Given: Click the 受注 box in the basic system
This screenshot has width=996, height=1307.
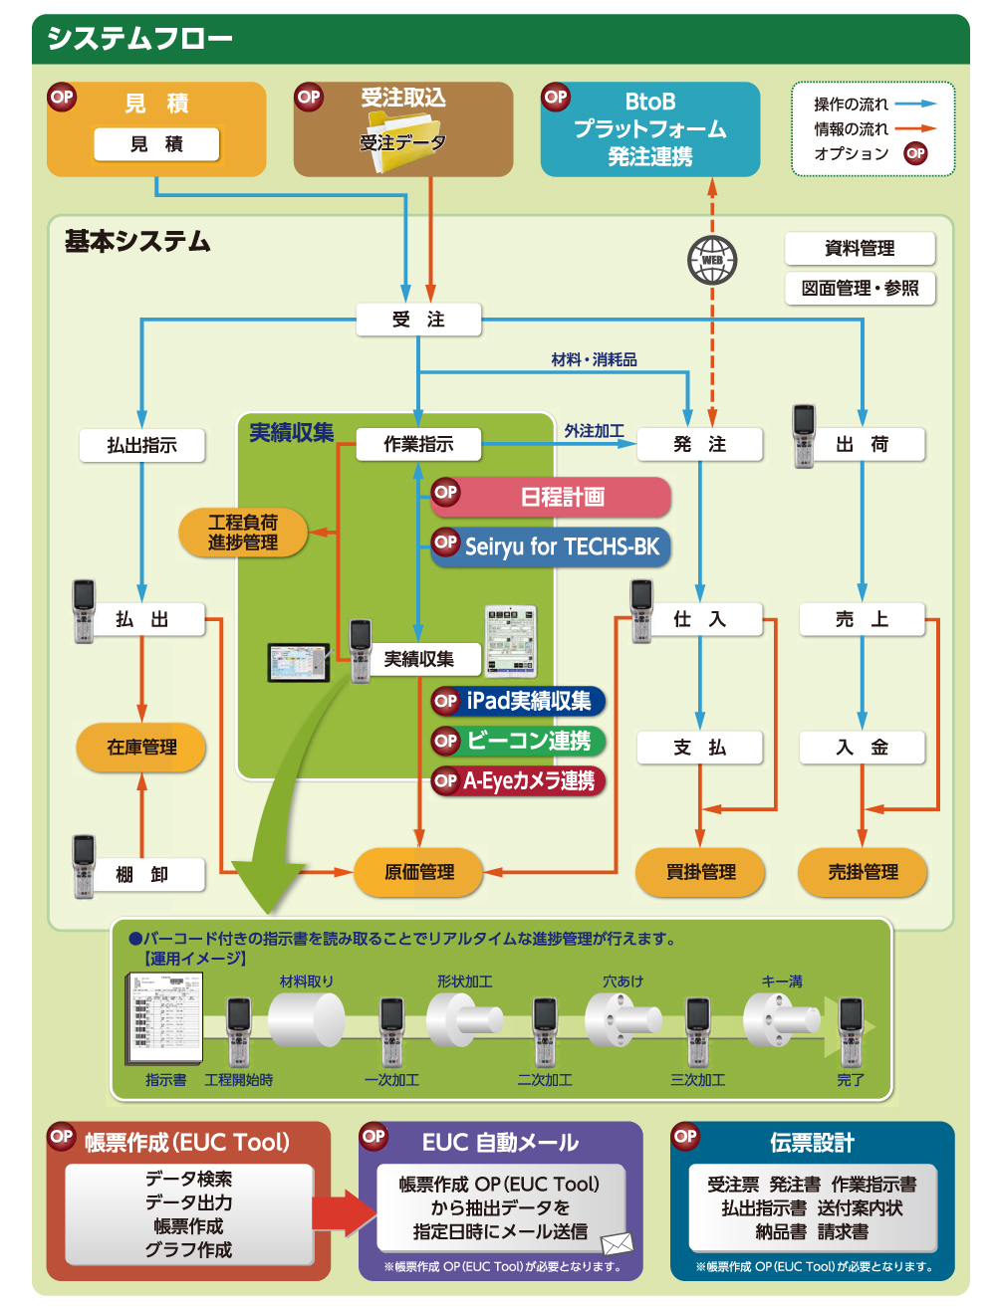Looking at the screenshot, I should (418, 320).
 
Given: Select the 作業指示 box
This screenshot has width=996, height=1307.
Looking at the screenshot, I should (418, 444).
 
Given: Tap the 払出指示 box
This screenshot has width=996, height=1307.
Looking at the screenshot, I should (142, 445).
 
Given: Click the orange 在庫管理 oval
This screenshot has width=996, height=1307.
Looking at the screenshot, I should (141, 748).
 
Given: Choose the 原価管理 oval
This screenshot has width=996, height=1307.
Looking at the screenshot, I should (419, 872).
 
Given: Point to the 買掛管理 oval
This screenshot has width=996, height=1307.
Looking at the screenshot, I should (700, 872).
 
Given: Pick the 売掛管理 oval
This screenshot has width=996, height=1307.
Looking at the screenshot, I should (863, 872).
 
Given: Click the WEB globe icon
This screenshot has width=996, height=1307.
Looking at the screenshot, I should (712, 260).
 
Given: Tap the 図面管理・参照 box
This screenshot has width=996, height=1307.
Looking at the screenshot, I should (860, 289).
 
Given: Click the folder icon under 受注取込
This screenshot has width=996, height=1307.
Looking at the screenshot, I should (403, 143).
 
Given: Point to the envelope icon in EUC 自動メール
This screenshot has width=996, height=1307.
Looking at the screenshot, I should (618, 1243).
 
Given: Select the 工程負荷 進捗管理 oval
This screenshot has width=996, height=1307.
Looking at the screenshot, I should (243, 533).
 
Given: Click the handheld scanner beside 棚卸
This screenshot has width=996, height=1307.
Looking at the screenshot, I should (84, 865).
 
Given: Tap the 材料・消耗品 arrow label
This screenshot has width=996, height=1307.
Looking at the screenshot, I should (594, 359).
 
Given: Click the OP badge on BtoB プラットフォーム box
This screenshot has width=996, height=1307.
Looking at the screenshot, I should (556, 97).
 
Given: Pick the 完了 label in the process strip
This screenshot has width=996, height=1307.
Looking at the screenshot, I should (851, 1080).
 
